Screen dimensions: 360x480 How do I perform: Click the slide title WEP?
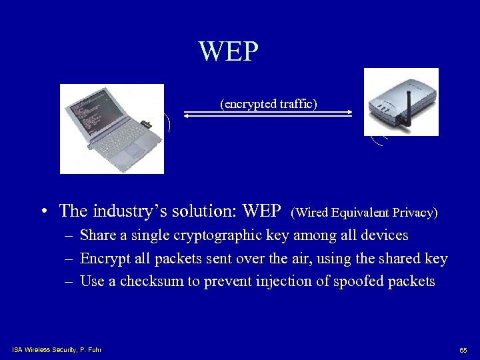click(x=228, y=51)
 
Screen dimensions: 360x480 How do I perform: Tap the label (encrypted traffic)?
click(x=269, y=104)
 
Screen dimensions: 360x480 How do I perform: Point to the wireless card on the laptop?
click(x=145, y=123)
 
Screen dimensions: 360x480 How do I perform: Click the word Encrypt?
click(x=103, y=259)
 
